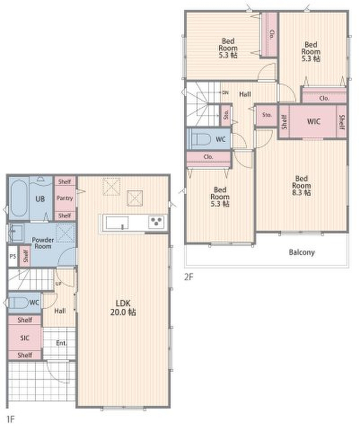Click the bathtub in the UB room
tap(18, 198)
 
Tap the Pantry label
tap(65, 198)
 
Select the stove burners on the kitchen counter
tap(157, 222)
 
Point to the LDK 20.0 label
tap(123, 308)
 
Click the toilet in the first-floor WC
tap(19, 303)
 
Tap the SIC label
tap(24, 338)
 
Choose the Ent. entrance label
tap(61, 343)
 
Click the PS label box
tap(12, 256)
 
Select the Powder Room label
tap(43, 243)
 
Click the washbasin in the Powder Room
tap(16, 233)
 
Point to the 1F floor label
tap(10, 419)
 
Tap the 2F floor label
tap(189, 277)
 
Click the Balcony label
tap(302, 252)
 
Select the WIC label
tap(314, 122)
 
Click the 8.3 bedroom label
tap(301, 185)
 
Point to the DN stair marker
tap(225, 93)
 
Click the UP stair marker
tap(58, 284)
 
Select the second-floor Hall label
tap(245, 94)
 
